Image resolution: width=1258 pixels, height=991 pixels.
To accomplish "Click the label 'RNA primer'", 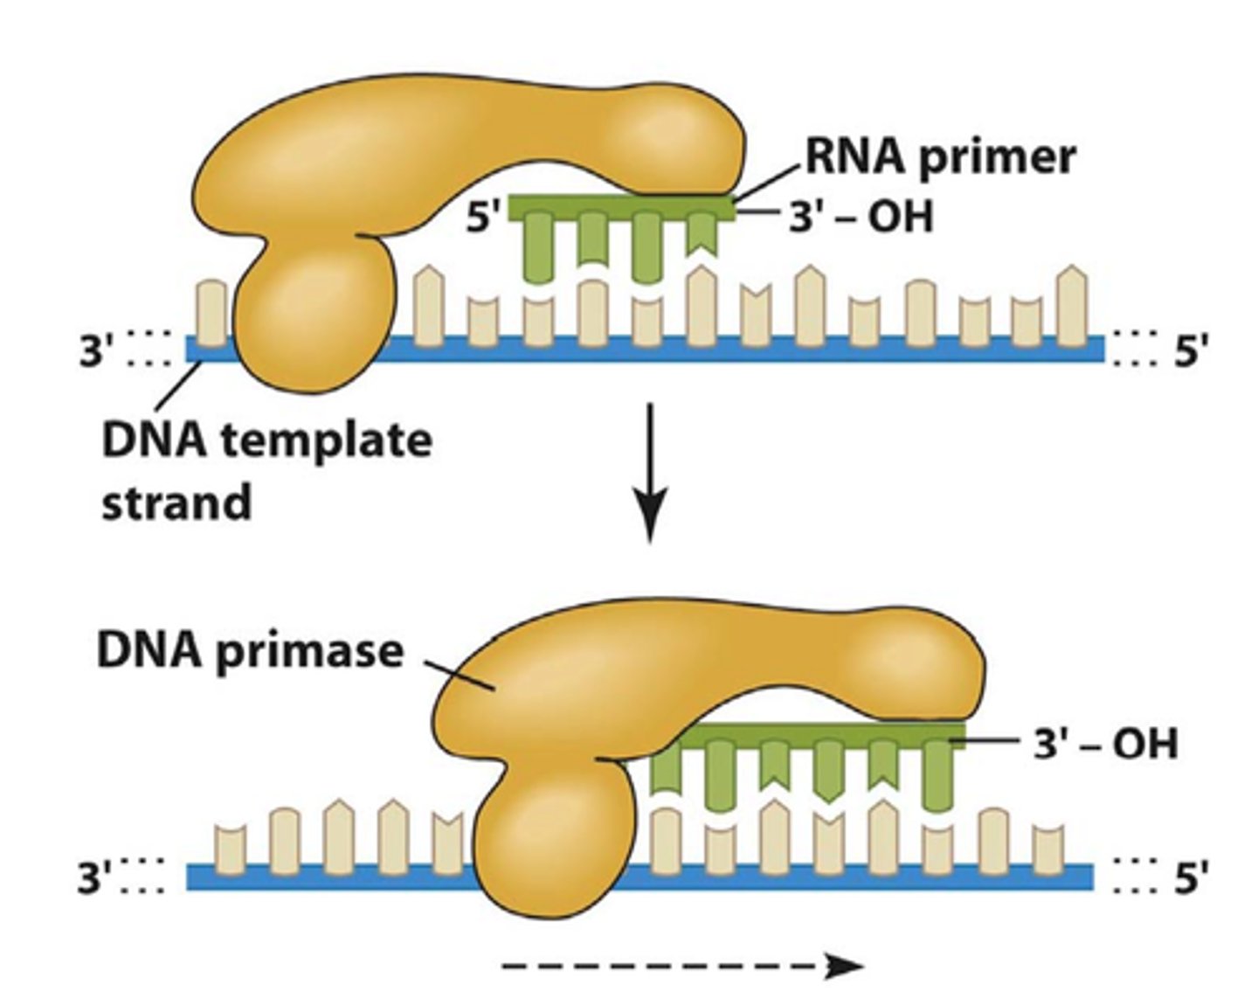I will coord(939,157).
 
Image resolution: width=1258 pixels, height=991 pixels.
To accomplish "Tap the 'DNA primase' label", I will coord(250,651).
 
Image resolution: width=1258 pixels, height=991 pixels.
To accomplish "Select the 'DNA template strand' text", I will coord(266,470).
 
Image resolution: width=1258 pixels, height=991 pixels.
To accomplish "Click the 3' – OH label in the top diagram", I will coord(861,215).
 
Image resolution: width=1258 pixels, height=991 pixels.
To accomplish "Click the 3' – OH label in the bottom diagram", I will coord(1105,744).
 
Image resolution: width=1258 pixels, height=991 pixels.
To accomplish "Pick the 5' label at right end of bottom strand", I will coord(1191,877).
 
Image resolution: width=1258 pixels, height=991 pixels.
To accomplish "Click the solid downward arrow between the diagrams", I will coord(649,472).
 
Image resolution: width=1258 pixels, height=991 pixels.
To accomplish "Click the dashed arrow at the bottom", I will coord(681,966).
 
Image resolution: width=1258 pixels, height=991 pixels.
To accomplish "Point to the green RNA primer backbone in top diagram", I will coord(620,206).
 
